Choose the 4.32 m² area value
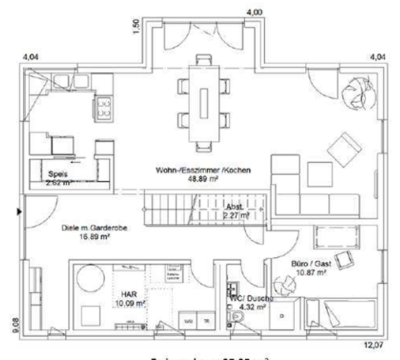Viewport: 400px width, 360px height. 244,307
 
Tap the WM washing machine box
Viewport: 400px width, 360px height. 188,323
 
